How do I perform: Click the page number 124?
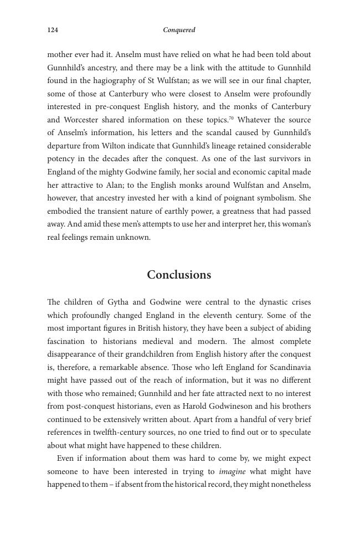click(53, 30)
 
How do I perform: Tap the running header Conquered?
click(179, 30)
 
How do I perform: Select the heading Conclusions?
click(179, 275)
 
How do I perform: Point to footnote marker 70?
click(231, 117)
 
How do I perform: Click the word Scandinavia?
click(290, 368)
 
